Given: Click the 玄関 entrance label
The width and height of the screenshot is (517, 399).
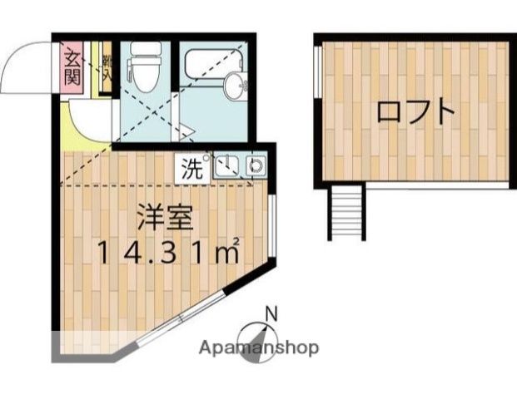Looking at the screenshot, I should pos(72,69).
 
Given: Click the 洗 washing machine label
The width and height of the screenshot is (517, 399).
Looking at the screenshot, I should pos(192,169).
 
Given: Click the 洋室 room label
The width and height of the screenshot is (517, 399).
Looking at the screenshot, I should pos(166,219).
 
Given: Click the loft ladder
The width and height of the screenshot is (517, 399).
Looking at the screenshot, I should pos(347,211).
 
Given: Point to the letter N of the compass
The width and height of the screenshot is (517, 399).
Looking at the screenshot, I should pos(271,313).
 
